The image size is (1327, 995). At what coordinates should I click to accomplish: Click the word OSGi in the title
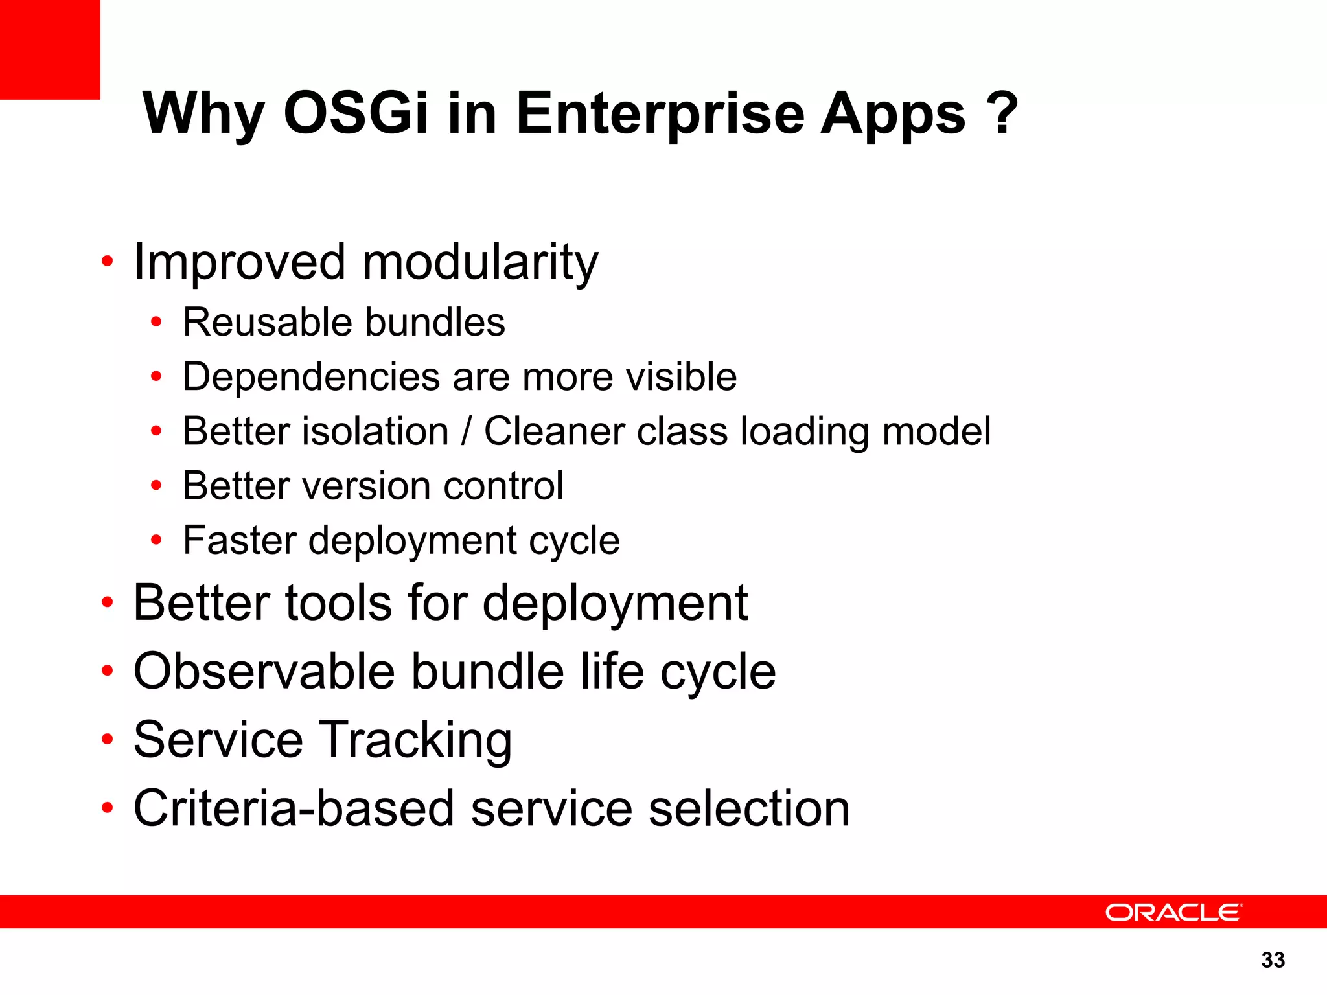(356, 113)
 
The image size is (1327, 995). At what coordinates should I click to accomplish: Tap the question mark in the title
(1002, 113)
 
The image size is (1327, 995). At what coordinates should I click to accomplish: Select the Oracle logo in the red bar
(1173, 912)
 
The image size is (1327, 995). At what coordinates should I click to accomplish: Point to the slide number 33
(1273, 960)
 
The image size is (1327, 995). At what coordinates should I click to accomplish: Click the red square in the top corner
(50, 49)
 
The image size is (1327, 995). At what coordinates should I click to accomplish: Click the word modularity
(479, 262)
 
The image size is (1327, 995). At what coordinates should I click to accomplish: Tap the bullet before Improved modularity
(108, 262)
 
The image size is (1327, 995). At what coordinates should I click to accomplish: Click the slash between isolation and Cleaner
(466, 431)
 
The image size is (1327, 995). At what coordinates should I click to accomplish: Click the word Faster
(240, 540)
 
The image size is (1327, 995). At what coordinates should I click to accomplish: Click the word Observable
(264, 671)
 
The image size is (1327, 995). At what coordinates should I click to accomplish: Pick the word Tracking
(416, 740)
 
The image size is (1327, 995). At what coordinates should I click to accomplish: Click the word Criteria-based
(294, 808)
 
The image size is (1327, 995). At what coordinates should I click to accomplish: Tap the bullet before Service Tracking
(108, 739)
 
